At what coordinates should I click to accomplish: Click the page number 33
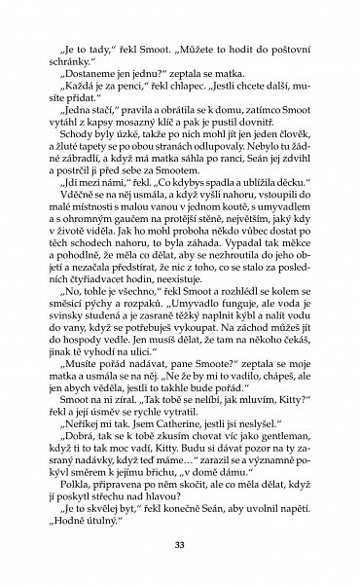[x=180, y=543]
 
